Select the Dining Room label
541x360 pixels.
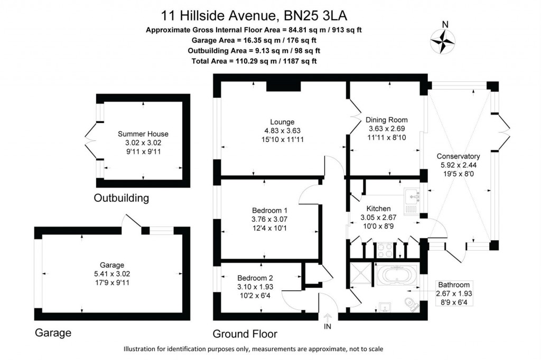point(387,120)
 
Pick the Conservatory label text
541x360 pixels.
point(458,156)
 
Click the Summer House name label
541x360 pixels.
point(143,134)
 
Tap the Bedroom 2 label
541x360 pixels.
point(255,278)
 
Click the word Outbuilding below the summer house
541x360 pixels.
point(121,198)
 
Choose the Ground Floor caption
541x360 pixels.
point(245,334)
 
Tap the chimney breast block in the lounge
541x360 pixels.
point(283,86)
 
